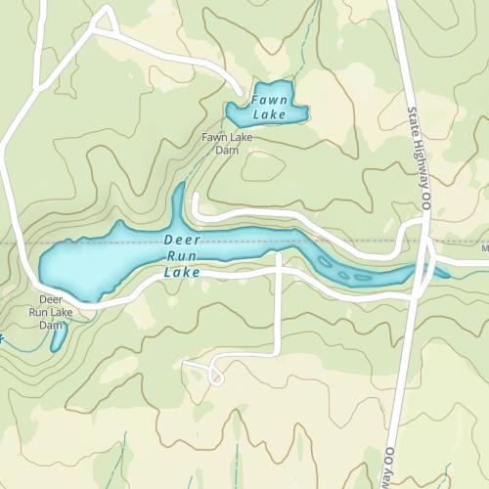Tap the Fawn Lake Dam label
click(x=227, y=144)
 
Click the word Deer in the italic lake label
click(x=181, y=240)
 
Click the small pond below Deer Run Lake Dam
click(x=59, y=336)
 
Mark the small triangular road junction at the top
click(x=105, y=22)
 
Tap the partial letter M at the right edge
click(x=485, y=248)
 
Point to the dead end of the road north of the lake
click(x=196, y=199)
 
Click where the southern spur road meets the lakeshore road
click(x=280, y=266)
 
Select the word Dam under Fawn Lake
click(x=227, y=151)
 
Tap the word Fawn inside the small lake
click(x=268, y=100)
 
